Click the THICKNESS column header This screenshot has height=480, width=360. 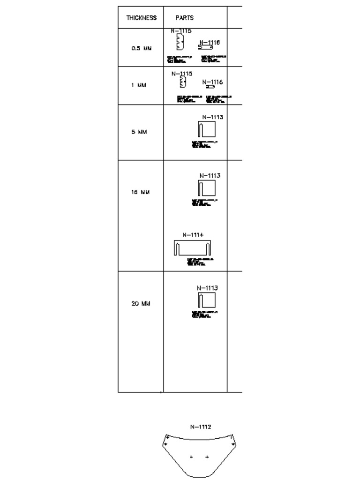(141, 18)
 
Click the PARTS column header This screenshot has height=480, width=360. (184, 18)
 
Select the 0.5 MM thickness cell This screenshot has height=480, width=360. (141, 48)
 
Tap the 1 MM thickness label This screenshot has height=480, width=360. (139, 85)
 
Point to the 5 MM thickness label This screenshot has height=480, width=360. (139, 132)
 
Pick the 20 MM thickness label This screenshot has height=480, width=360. (141, 303)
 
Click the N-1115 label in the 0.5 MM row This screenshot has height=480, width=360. (181, 31)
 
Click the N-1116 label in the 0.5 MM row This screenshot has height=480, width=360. (210, 42)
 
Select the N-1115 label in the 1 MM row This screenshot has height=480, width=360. (182, 74)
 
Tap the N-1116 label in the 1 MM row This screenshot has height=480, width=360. (212, 82)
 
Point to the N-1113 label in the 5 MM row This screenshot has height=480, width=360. (212, 117)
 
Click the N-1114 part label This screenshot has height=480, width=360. (193, 235)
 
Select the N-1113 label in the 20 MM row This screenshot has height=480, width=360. (207, 288)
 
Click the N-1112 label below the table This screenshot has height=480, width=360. (201, 427)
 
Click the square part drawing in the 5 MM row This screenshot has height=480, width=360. (207, 130)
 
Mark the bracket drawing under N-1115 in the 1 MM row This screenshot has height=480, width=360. (183, 83)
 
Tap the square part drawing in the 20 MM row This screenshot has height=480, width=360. (207, 300)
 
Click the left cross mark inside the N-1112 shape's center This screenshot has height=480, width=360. (191, 457)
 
